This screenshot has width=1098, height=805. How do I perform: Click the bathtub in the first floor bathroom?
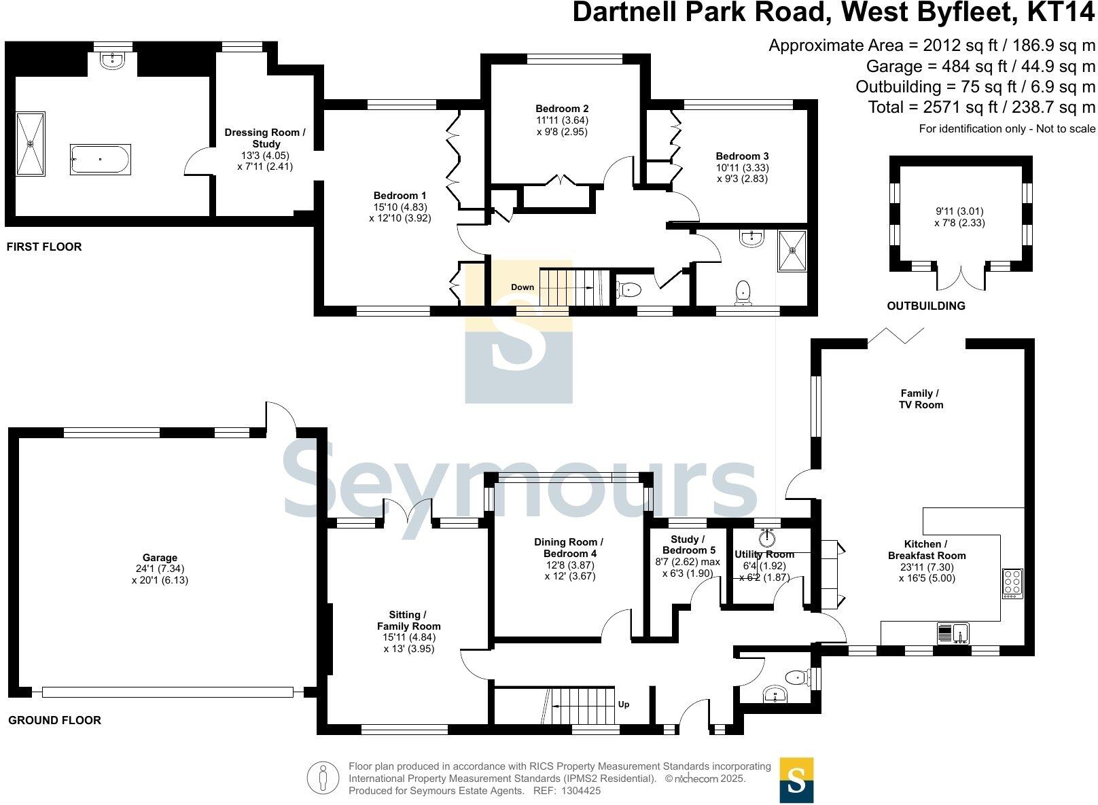point(100,160)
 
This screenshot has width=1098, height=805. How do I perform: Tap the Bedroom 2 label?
point(562,109)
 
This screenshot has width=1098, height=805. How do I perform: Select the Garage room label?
point(160,558)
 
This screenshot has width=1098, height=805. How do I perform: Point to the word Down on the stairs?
point(523,287)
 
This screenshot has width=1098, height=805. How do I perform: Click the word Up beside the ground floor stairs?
point(624,704)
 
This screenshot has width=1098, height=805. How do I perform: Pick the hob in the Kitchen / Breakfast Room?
point(1012,584)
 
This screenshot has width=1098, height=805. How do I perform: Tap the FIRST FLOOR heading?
point(44,247)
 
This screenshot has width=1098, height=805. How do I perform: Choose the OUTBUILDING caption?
point(926,306)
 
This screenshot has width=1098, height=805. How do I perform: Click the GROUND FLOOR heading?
point(54,721)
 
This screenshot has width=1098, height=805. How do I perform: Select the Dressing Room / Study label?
point(265,139)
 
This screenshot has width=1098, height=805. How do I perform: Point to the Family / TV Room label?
point(921,399)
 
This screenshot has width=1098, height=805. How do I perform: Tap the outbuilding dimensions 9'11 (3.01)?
point(959,211)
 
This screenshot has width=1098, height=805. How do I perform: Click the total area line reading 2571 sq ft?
point(981,107)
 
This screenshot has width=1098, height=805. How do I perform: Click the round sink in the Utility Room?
point(768,537)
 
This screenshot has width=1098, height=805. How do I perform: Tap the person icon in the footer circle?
point(323,778)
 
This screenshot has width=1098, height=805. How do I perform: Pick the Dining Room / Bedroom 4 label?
point(569,548)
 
